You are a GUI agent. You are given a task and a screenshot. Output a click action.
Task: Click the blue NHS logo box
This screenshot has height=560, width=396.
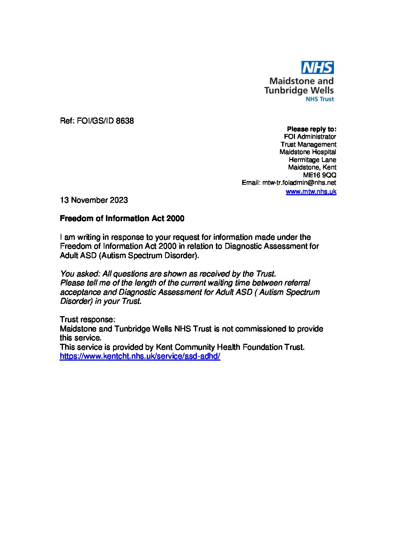317,68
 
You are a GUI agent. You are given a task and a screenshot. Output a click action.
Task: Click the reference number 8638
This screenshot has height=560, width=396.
125,121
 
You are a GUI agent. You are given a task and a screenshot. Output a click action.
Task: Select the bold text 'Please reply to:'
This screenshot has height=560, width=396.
311,129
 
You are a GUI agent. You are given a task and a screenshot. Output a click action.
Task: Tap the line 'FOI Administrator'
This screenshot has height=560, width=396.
310,137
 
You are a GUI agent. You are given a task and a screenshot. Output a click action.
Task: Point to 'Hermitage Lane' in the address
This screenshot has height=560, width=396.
313,160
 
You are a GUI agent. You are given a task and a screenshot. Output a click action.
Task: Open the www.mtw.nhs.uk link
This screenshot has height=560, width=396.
311,192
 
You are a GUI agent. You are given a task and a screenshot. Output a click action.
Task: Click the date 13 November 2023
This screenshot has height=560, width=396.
94,200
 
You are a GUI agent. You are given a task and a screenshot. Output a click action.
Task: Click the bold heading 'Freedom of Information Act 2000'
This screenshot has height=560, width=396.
122,218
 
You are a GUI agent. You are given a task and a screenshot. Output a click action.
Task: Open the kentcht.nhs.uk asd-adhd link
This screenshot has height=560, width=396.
140,356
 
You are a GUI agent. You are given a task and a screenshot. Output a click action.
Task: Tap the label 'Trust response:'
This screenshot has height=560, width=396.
88,319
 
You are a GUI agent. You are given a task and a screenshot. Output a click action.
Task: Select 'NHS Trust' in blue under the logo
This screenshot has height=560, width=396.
320,99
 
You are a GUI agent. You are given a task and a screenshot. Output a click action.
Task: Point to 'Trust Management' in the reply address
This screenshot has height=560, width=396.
308,144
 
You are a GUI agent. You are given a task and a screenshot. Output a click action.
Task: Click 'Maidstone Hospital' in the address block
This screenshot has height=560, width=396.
308,152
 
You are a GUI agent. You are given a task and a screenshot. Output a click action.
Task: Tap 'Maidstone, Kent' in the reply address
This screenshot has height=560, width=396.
312,167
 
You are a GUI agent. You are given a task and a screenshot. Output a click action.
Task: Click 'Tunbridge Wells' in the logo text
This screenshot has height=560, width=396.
299,90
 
